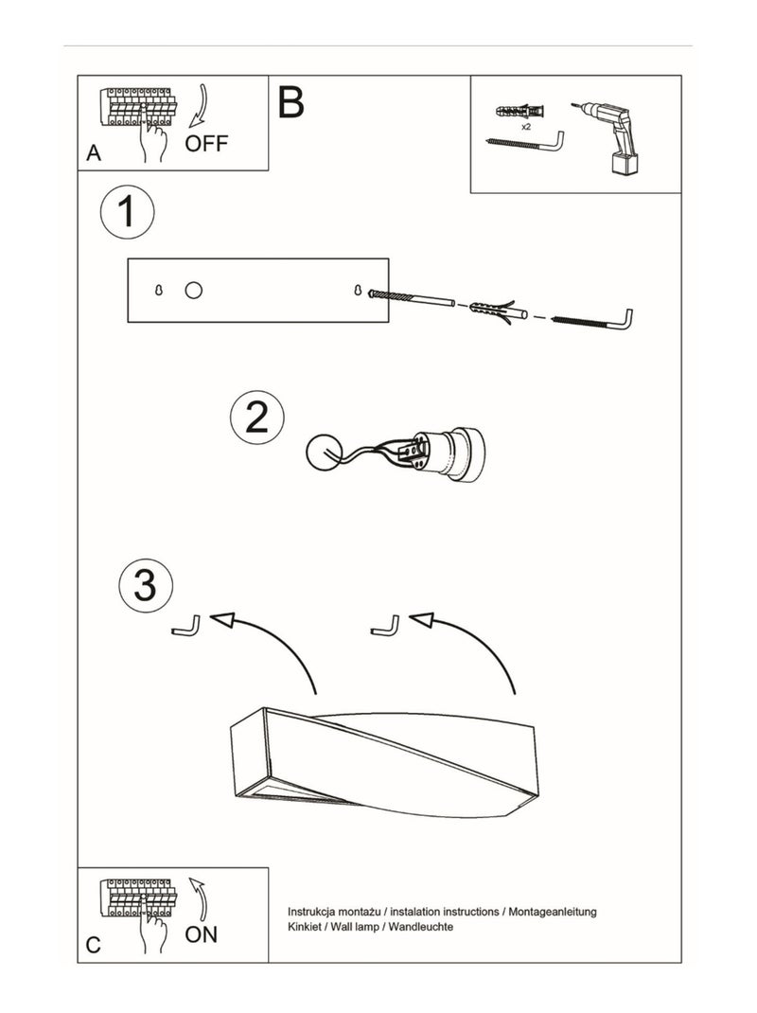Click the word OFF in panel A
[x=206, y=143]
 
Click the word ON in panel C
[x=201, y=934]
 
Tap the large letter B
[x=290, y=102]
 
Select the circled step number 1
[x=127, y=211]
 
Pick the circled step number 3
[x=146, y=585]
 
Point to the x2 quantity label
[x=526, y=127]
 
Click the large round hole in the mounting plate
[x=193, y=290]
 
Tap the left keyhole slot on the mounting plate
[x=159, y=291]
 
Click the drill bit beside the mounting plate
[x=411, y=298]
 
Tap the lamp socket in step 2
[x=446, y=454]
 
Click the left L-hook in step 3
[x=186, y=626]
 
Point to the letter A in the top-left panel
[x=94, y=153]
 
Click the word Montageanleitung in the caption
[x=553, y=912]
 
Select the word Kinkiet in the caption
[x=304, y=927]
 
